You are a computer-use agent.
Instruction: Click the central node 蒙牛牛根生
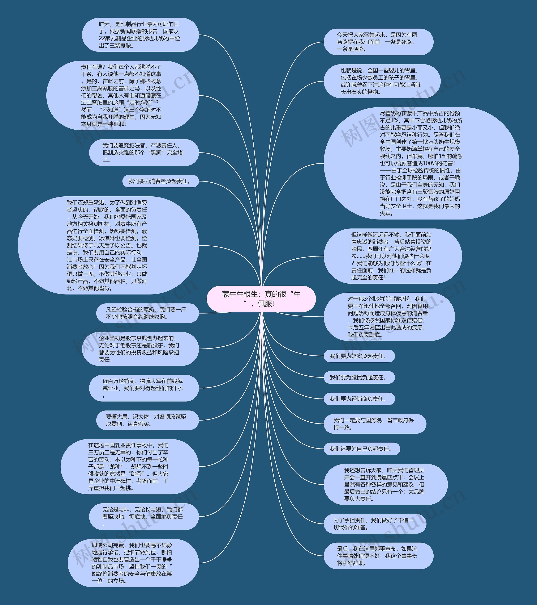click(x=261, y=299)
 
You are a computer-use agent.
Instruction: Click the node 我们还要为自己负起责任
click(x=362, y=449)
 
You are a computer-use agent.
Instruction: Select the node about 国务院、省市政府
click(x=375, y=424)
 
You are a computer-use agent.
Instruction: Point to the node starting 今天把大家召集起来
click(x=378, y=42)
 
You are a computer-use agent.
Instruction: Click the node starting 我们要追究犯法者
click(x=144, y=153)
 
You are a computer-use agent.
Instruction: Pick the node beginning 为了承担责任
click(x=375, y=524)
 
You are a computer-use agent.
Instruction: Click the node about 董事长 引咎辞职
click(x=378, y=556)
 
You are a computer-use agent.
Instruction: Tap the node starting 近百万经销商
click(x=144, y=388)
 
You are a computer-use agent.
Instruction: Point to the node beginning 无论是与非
click(x=144, y=517)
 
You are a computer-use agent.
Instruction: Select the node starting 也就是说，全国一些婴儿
click(x=382, y=81)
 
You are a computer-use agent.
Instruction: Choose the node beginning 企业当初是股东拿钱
click(x=140, y=349)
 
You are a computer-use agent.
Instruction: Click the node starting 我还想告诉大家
click(x=385, y=485)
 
